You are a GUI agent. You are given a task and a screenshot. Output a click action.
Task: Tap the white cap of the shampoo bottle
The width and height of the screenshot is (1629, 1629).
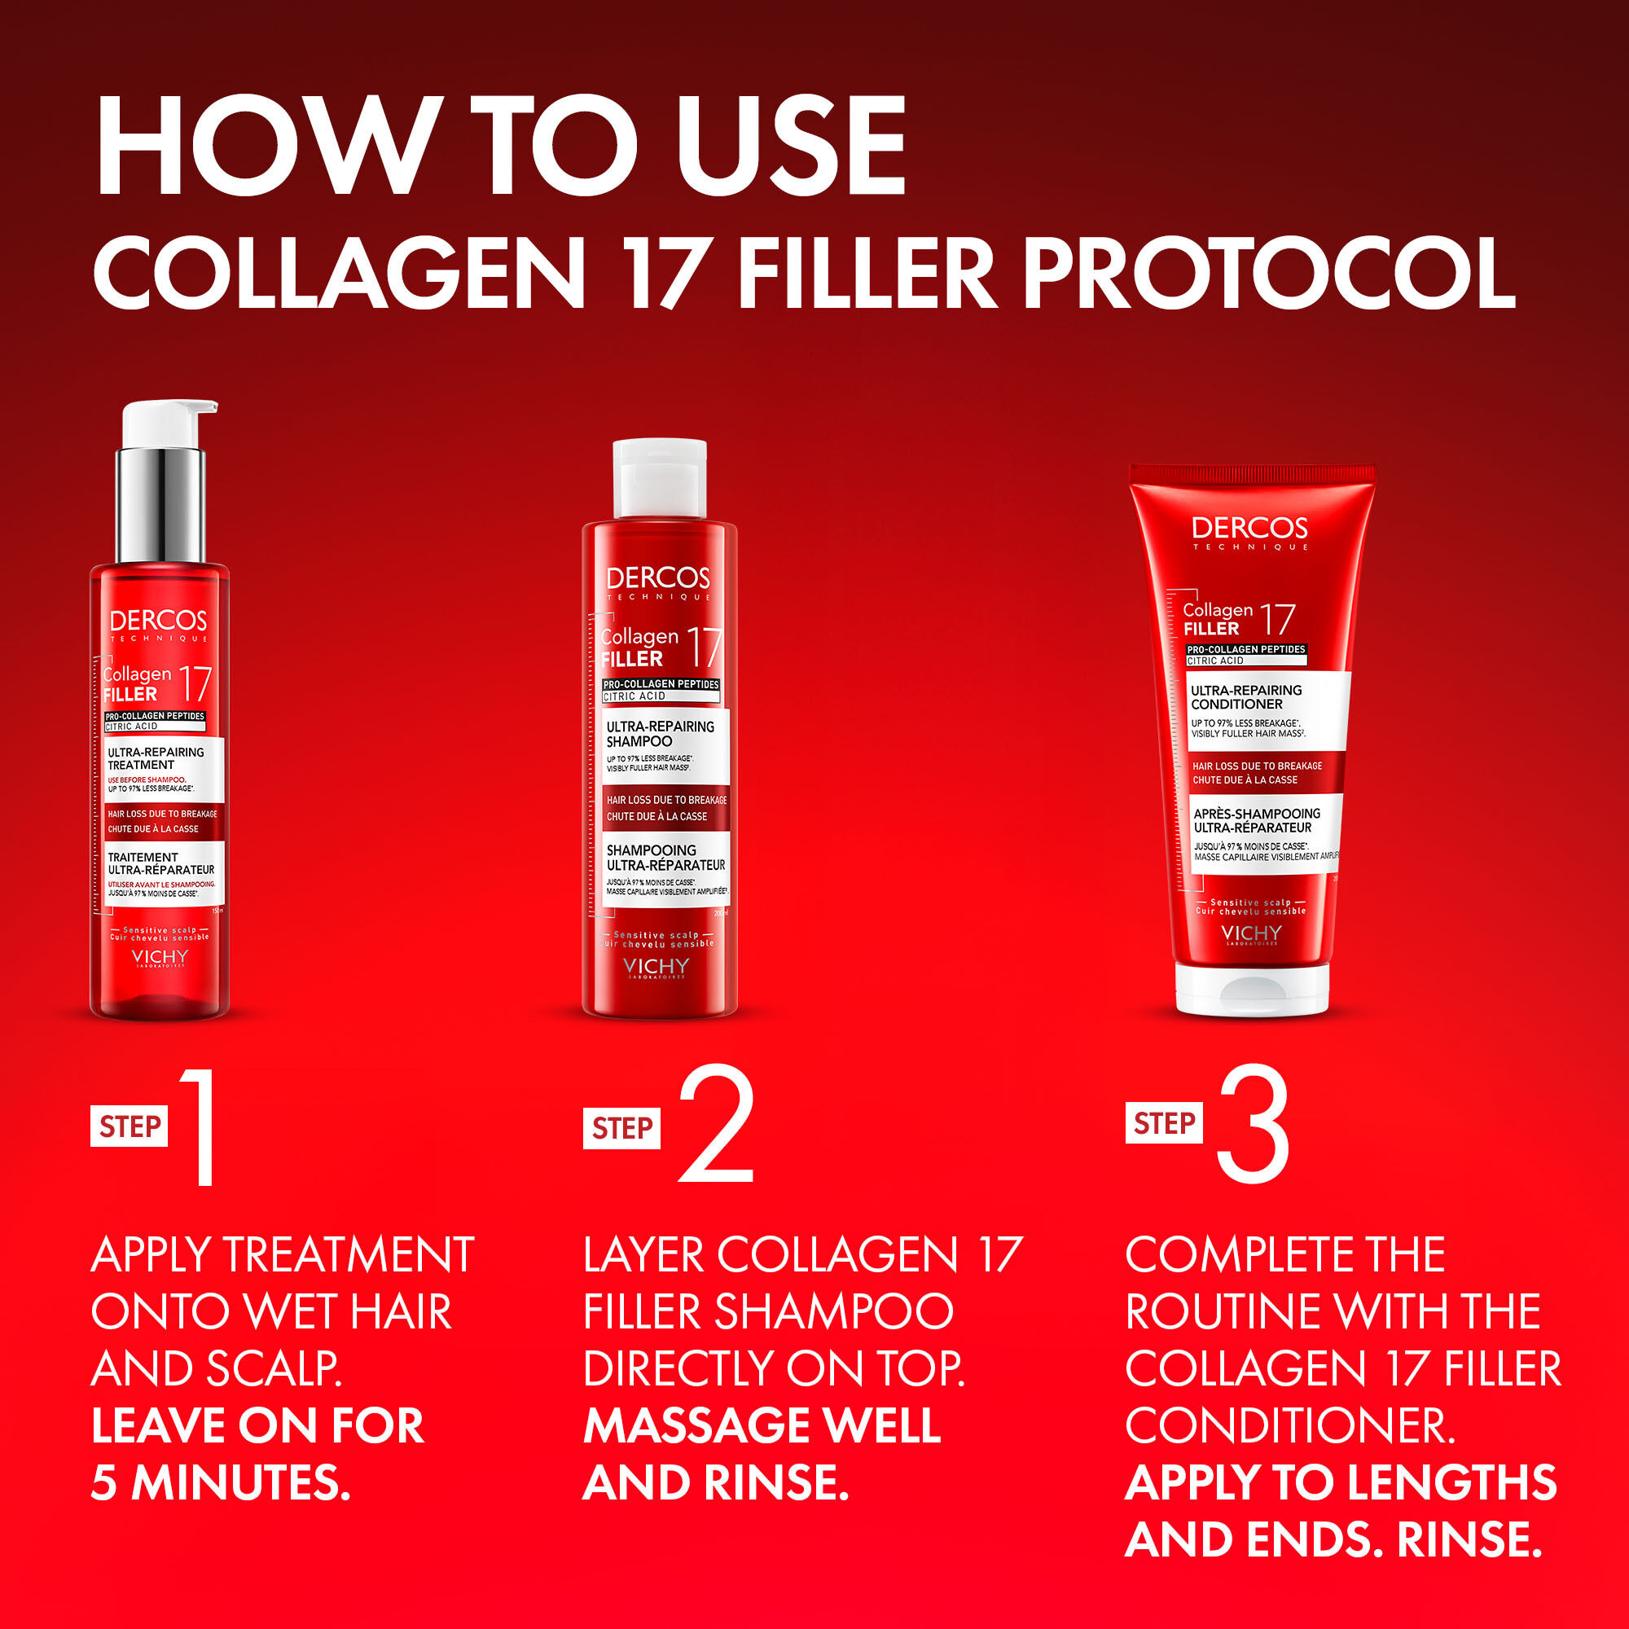click(x=660, y=477)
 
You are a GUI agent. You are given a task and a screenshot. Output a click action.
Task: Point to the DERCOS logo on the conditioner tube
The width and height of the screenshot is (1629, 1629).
click(x=1249, y=529)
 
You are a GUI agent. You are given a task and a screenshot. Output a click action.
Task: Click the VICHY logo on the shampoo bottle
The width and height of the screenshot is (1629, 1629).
click(x=656, y=967)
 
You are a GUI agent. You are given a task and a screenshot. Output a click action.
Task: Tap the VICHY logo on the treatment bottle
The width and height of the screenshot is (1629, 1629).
click(x=160, y=957)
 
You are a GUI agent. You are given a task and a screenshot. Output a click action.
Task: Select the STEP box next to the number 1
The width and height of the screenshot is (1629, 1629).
click(x=129, y=1126)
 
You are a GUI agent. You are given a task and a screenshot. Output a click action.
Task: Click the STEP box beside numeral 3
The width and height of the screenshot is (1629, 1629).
click(x=1164, y=1123)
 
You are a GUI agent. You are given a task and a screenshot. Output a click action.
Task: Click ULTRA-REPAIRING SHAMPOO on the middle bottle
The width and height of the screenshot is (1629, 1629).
click(x=660, y=734)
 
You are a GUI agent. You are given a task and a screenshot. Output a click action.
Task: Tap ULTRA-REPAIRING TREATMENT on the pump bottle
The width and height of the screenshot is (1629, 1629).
click(x=156, y=758)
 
